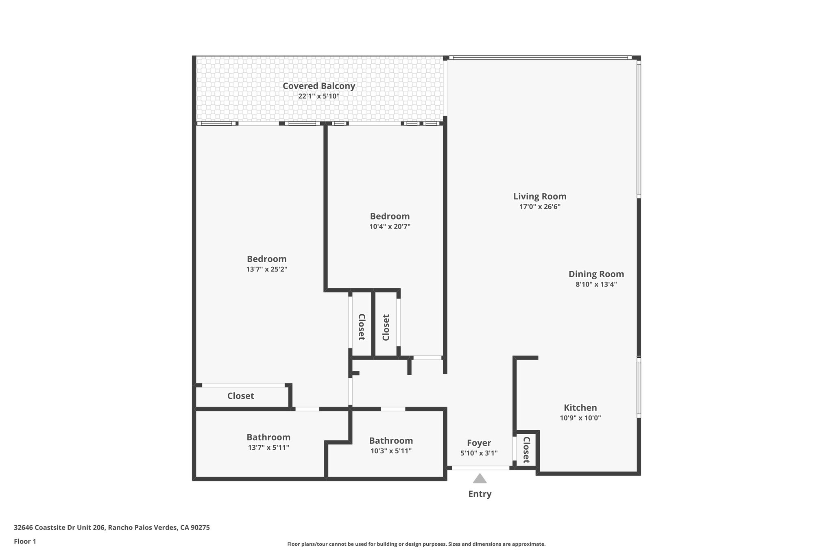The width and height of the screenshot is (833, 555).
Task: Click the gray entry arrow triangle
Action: click(x=480, y=479)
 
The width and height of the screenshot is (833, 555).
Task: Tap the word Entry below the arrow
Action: click(x=480, y=494)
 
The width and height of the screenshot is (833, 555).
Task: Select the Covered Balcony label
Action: click(x=318, y=86)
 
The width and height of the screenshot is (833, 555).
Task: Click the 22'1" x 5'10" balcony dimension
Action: click(x=318, y=96)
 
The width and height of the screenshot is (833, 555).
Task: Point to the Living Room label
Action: click(x=540, y=196)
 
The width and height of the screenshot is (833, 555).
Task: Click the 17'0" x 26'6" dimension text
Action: click(x=540, y=207)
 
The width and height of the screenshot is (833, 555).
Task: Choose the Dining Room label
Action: click(x=596, y=274)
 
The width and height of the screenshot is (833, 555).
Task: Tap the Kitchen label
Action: click(x=580, y=407)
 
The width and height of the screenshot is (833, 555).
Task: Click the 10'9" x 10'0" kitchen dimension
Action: click(x=580, y=418)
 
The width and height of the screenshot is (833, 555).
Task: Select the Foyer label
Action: click(x=479, y=443)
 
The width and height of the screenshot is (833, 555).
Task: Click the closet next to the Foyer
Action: click(x=526, y=450)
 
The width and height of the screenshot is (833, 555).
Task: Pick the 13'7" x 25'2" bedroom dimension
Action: click(x=266, y=269)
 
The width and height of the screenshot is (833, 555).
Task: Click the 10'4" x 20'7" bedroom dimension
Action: click(x=390, y=226)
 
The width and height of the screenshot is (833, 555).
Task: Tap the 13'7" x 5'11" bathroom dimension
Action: click(x=268, y=448)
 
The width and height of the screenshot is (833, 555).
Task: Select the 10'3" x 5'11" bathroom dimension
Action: click(x=391, y=451)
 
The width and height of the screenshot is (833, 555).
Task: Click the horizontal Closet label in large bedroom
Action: click(x=240, y=396)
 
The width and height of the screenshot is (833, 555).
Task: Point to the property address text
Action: click(x=112, y=527)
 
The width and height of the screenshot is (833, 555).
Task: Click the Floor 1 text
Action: click(x=25, y=541)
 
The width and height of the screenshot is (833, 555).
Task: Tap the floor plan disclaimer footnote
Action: click(x=416, y=544)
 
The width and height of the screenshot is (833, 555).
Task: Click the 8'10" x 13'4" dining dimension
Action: click(x=596, y=285)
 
